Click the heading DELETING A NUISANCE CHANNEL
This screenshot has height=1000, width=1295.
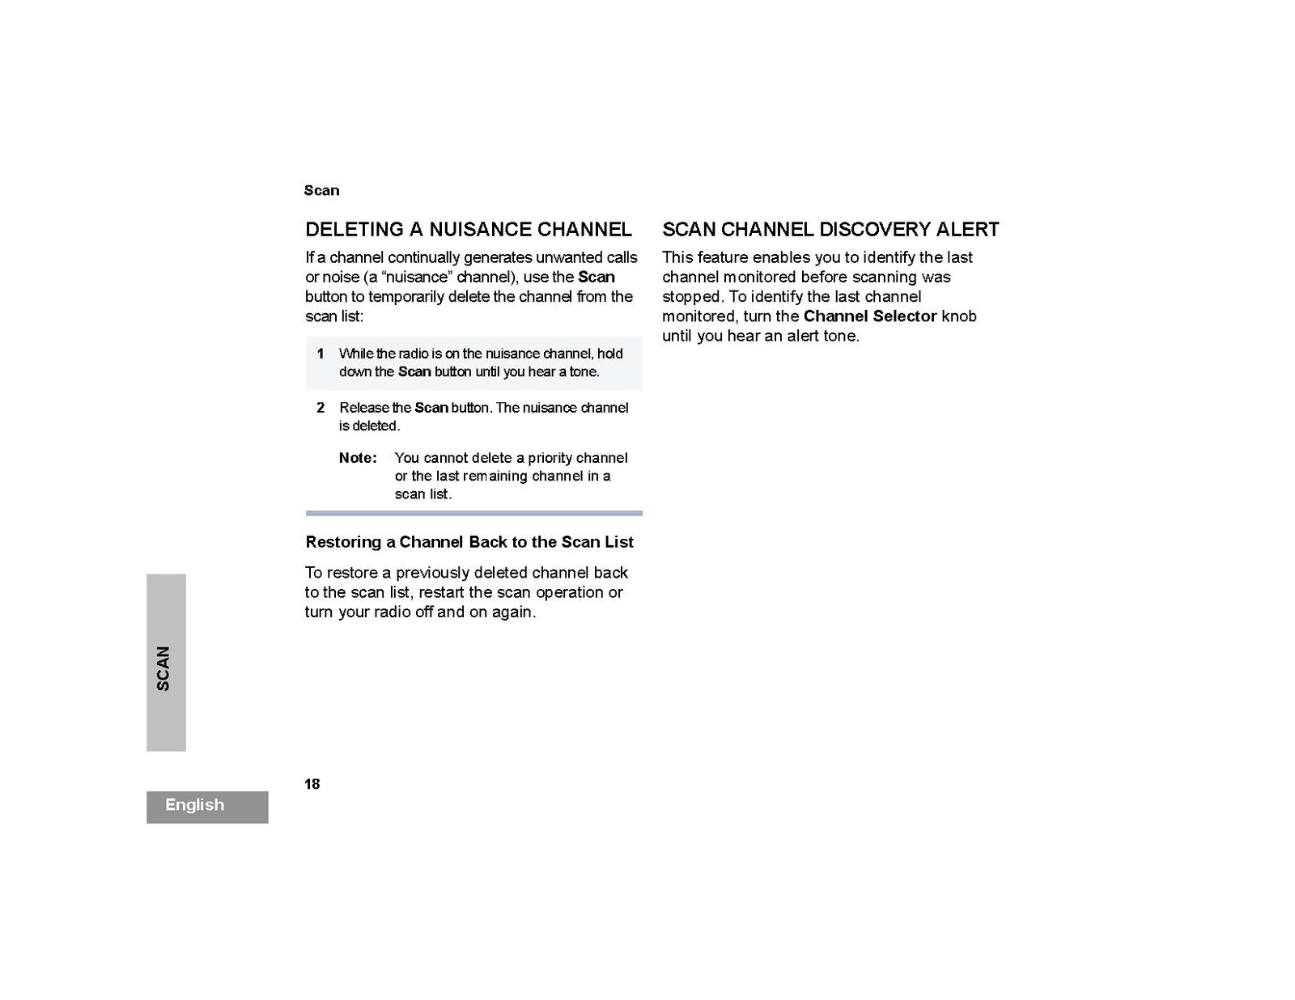(468, 230)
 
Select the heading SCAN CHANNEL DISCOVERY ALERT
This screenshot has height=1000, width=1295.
(830, 230)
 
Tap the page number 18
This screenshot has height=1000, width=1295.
(312, 784)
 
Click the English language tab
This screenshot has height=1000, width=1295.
(195, 805)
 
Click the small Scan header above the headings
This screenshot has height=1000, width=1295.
(321, 191)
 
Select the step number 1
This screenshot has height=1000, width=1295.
(321, 354)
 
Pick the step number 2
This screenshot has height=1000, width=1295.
(321, 408)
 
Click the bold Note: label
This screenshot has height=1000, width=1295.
(358, 458)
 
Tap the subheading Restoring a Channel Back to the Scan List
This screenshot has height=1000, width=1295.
(469, 542)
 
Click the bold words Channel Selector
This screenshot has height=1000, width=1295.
(870, 316)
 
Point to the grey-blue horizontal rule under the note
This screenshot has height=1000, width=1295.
(473, 513)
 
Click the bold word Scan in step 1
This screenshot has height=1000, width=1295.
(414, 372)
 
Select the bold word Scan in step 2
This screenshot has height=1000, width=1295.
(431, 408)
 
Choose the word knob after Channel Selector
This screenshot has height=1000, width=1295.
(959, 316)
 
